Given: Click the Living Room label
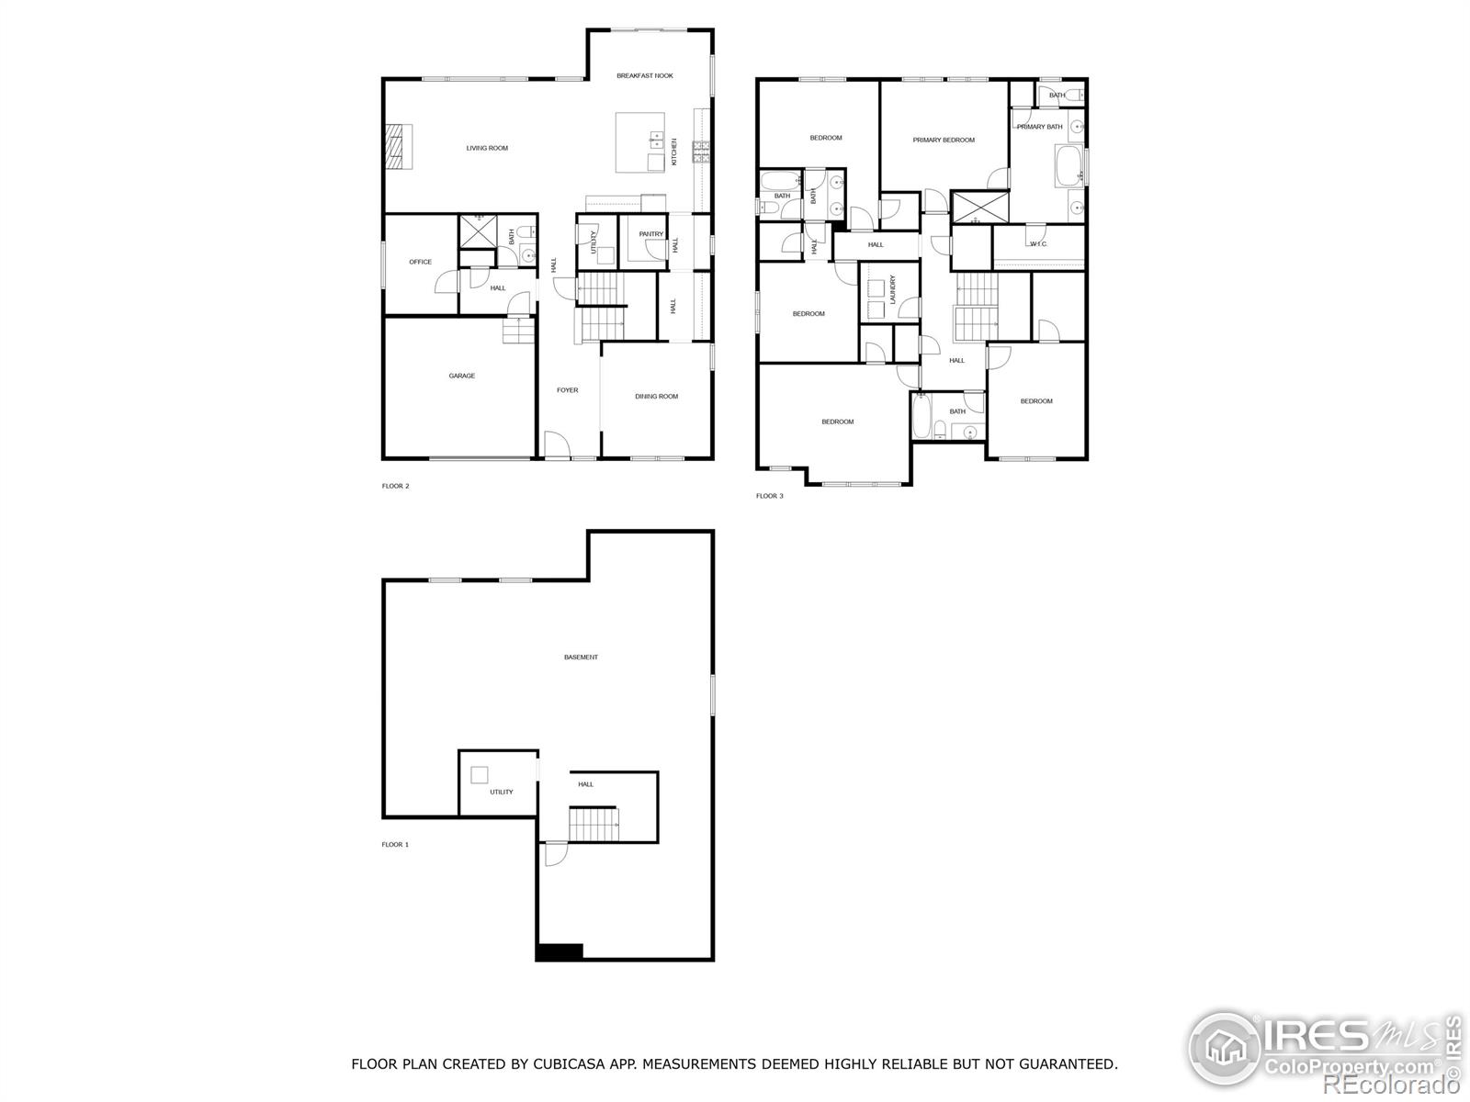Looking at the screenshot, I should (x=487, y=148).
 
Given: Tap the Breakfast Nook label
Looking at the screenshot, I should (x=645, y=75).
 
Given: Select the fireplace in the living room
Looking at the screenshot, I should (x=398, y=147).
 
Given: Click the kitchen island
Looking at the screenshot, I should (x=639, y=142).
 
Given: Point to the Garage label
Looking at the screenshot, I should (x=461, y=376).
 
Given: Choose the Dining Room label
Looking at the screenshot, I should (x=656, y=397).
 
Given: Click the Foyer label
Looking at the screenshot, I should (x=568, y=390).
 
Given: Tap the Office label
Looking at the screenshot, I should (x=420, y=262).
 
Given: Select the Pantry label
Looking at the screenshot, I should (x=651, y=234).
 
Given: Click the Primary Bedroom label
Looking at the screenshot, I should (x=944, y=141).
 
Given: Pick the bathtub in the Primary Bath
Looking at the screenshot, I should (x=1068, y=165).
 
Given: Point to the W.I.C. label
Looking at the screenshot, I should (x=1038, y=244).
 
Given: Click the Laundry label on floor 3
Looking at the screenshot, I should (x=892, y=290).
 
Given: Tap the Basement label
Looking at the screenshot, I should (x=581, y=658).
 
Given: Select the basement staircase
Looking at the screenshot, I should (x=593, y=824).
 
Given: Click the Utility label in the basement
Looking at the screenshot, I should (x=501, y=792).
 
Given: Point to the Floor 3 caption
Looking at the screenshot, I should (x=769, y=496).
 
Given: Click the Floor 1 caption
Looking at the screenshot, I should (x=395, y=844).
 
